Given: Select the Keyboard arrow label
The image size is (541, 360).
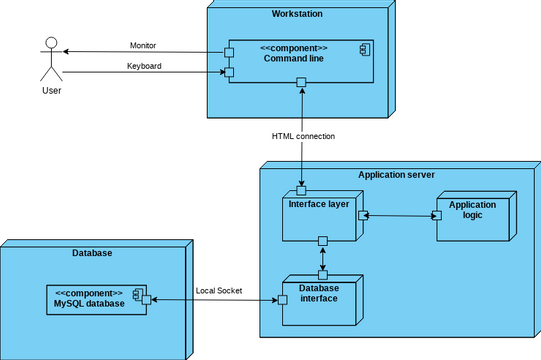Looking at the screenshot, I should pyautogui.click(x=144, y=66).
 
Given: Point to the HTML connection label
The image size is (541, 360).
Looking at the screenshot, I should pyautogui.click(x=303, y=136).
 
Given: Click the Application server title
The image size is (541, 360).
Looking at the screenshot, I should pyautogui.click(x=396, y=174).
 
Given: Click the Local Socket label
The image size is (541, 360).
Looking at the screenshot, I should pyautogui.click(x=219, y=290).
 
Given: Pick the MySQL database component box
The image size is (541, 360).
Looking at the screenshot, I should pyautogui.click(x=95, y=299).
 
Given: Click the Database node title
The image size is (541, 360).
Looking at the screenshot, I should pyautogui.click(x=92, y=254).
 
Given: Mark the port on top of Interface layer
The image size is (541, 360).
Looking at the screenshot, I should pyautogui.click(x=300, y=189).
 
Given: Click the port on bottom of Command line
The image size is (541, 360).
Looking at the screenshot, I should pyautogui.click(x=300, y=88).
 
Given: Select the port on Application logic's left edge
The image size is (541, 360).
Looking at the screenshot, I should pyautogui.click(x=436, y=215).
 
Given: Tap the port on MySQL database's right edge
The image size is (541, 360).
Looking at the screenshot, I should pyautogui.click(x=146, y=299).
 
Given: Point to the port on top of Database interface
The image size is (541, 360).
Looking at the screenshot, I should pyautogui.click(x=323, y=274).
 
